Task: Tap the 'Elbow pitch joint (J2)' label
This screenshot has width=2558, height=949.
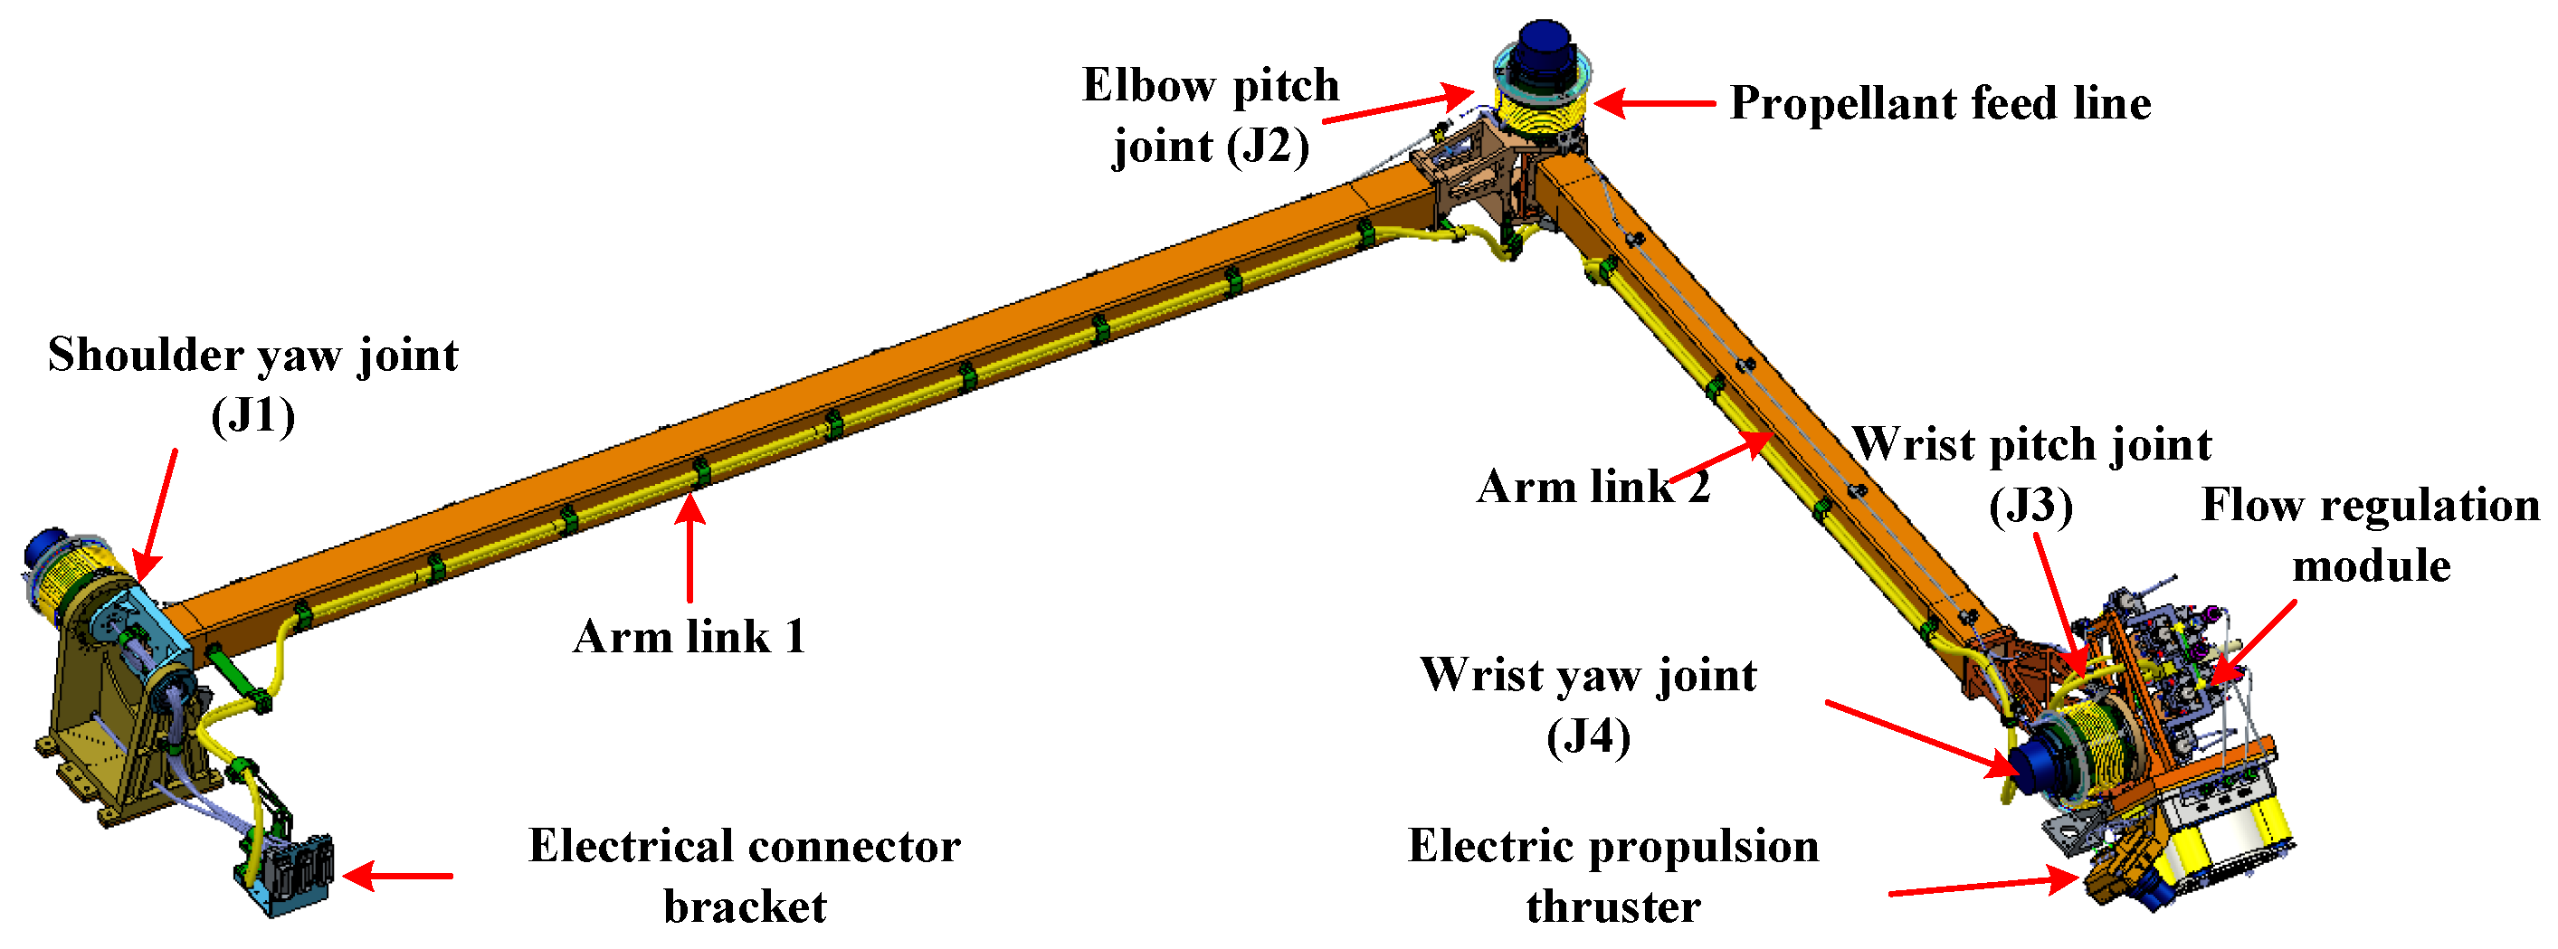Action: pos(1211,115)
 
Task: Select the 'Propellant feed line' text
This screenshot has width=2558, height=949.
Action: pos(1939,103)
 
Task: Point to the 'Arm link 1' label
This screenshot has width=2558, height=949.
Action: pos(689,636)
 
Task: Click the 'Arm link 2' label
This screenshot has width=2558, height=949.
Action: pos(1592,487)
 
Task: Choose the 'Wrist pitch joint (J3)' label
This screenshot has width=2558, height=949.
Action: pos(2031,473)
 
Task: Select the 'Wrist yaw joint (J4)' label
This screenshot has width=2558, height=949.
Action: pos(1588,705)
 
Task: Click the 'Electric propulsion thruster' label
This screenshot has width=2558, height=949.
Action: pos(1612,876)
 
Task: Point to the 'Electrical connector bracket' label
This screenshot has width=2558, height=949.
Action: pos(744,876)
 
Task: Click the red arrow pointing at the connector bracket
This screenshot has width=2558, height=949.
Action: pos(397,876)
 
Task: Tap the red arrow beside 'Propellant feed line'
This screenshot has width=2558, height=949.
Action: pos(1653,103)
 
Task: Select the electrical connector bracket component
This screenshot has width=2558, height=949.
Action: pos(288,874)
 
